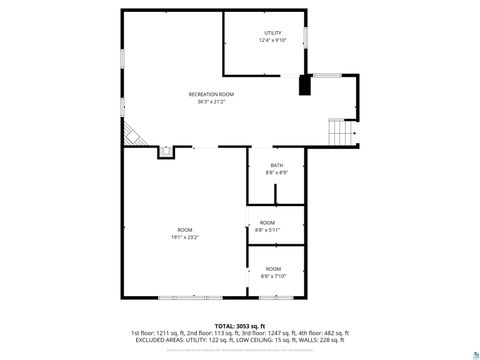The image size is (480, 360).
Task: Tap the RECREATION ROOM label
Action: click(x=210, y=94)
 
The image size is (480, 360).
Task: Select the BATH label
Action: click(x=277, y=165)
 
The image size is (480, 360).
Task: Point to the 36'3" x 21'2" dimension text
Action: click(x=210, y=102)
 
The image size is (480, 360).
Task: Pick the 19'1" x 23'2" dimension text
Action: click(x=184, y=237)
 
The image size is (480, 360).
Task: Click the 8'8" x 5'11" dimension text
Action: click(x=267, y=230)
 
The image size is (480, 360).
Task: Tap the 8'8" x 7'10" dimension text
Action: click(x=272, y=276)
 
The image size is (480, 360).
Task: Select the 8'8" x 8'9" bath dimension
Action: click(x=277, y=173)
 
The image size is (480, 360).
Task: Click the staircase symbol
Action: click(x=342, y=131)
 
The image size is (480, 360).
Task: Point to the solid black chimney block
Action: click(x=305, y=85)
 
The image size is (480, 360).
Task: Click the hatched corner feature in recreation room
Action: click(x=130, y=133)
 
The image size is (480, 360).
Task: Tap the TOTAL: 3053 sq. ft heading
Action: click(x=239, y=326)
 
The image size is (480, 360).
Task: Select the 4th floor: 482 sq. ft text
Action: click(x=326, y=333)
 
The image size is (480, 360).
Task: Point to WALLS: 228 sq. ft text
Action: click(x=324, y=340)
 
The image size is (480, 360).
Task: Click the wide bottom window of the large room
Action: click(x=185, y=297)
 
